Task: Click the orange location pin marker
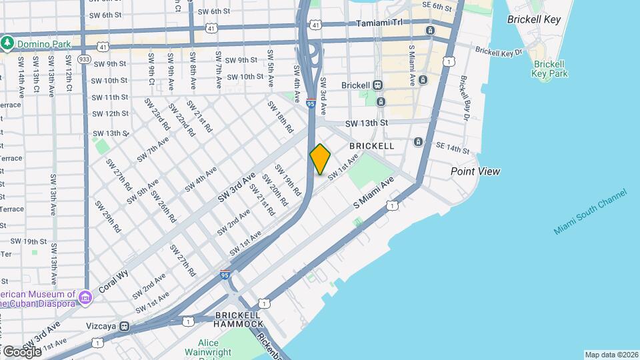point(321,159)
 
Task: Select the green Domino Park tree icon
point(7,43)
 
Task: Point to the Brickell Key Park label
point(550,69)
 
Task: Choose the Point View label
point(475,171)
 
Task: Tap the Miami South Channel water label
point(590,211)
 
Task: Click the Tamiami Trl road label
point(380,22)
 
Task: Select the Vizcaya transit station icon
point(124,327)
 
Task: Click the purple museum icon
point(85,297)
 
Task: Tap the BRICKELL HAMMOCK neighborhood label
point(238,319)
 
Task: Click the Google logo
point(22,351)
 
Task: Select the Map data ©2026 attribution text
point(611,355)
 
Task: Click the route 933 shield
point(84,59)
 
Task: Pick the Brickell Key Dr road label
point(497,52)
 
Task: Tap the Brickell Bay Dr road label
point(466,93)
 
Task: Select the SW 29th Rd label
point(107,217)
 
